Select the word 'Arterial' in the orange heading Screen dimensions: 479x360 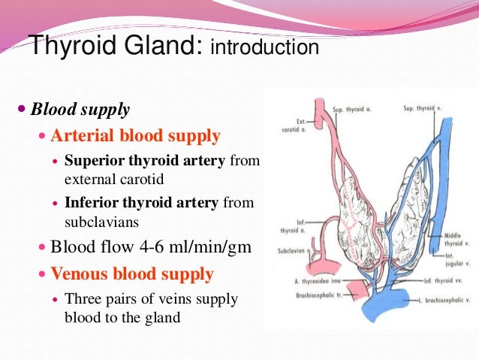click(81, 136)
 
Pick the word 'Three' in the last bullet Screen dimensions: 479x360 click(84, 299)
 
